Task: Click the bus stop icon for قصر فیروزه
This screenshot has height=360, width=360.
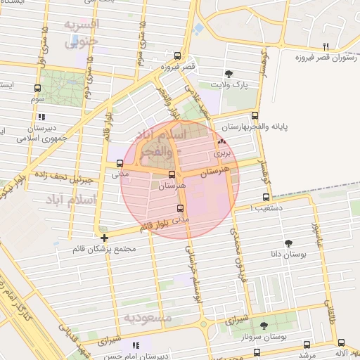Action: point(176,57)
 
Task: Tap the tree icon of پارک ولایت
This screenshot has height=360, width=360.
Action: point(229,74)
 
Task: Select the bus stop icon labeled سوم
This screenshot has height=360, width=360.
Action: point(37,89)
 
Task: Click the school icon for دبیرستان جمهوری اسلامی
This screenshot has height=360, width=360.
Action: point(41,117)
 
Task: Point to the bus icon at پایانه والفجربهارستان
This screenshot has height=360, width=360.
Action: point(255,116)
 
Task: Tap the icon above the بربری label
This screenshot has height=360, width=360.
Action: point(222,141)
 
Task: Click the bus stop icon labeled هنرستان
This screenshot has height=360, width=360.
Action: point(172,174)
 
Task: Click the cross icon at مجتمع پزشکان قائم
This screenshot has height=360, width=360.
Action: point(104,238)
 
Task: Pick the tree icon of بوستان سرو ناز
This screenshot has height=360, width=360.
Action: point(264,325)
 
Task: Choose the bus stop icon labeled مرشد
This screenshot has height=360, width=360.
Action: point(306,345)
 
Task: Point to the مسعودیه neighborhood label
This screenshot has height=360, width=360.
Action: point(148,318)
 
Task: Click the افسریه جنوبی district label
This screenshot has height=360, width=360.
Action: point(83,33)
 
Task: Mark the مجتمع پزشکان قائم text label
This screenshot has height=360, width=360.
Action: point(103,249)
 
